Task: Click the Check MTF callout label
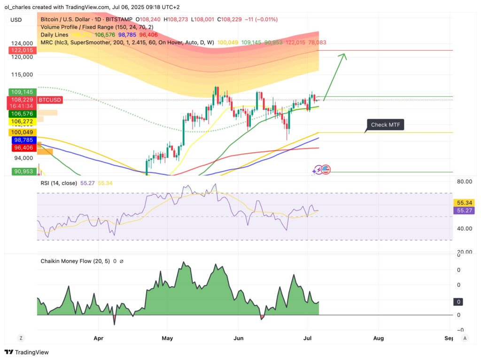pos(385,125)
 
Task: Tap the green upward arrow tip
pos(345,55)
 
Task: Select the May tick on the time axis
pos(167,337)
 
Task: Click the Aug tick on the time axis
pos(378,337)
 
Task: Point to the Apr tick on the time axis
pos(98,337)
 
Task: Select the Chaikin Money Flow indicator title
pos(75,261)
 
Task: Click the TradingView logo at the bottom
pos(27,352)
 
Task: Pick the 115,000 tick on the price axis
pos(22,74)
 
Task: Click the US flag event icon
pos(326,169)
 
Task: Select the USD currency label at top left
pos(16,20)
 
